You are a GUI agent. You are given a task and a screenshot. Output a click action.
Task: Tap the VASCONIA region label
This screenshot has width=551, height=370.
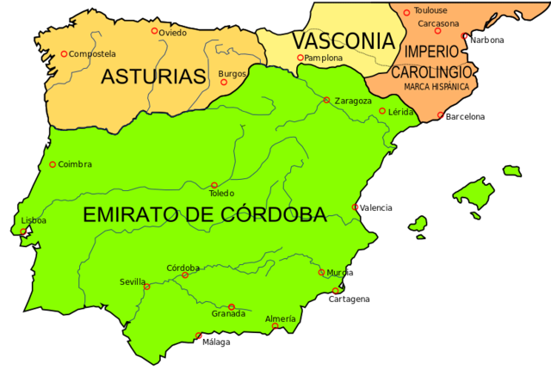pyautogui.click(x=343, y=40)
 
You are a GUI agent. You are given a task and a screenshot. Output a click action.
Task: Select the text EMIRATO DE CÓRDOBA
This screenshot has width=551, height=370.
pyautogui.click(x=205, y=215)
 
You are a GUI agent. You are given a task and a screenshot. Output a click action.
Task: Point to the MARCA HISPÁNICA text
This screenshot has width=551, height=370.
pyautogui.click(x=430, y=87)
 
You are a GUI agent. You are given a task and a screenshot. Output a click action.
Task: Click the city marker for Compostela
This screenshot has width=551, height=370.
pyautogui.click(x=64, y=53)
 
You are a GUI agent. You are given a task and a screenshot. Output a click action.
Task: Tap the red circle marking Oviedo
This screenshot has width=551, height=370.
pyautogui.click(x=155, y=31)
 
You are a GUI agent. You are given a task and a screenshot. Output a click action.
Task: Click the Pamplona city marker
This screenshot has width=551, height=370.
pyautogui.click(x=300, y=58)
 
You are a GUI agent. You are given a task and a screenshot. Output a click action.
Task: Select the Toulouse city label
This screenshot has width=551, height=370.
pyautogui.click(x=430, y=10)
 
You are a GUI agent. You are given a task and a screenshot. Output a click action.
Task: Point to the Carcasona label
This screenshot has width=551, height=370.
pyautogui.click(x=438, y=23)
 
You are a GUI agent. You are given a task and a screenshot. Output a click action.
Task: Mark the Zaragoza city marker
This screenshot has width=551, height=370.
pyautogui.click(x=326, y=100)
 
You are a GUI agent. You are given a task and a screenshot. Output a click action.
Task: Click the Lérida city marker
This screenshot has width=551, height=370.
pyautogui.click(x=382, y=111)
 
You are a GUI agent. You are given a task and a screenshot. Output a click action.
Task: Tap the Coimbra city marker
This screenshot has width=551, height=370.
pyautogui.click(x=53, y=164)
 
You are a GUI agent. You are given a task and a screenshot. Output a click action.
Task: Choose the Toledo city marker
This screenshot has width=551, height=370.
pyautogui.click(x=214, y=184)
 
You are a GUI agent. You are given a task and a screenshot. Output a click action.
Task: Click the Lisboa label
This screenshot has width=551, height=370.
pyautogui.click(x=34, y=220)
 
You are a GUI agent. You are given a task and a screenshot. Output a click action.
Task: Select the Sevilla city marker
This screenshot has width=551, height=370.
pyautogui.click(x=146, y=287)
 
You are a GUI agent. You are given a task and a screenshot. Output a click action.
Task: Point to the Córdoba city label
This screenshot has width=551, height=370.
pyautogui.click(x=183, y=267)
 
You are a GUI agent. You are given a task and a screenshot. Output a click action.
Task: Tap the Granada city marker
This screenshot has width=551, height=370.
pyautogui.click(x=231, y=306)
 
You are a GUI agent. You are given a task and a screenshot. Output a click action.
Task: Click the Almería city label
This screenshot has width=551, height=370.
pyautogui.click(x=281, y=318)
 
